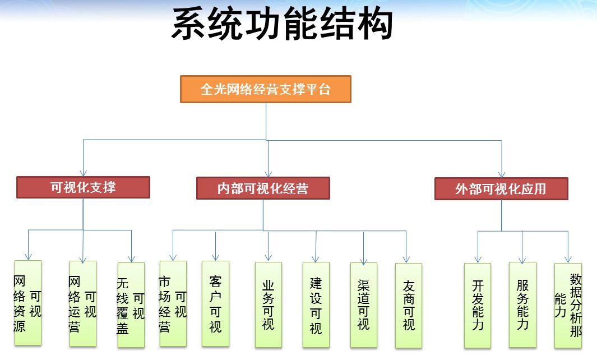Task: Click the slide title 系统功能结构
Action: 282,24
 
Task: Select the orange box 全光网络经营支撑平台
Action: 265,89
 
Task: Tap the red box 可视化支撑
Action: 83,187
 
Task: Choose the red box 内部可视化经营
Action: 263,188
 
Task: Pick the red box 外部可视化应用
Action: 501,188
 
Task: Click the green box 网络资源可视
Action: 28,303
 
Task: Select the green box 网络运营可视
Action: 82,303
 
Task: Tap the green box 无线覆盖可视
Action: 131,304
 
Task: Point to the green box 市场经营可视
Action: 173,303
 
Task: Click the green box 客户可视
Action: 215,303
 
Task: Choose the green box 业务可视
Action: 269,304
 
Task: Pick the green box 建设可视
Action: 316,304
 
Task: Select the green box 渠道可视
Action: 364,304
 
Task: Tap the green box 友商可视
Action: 409,306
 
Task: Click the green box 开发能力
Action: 478,306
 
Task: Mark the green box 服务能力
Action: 522,304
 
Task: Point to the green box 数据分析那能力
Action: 568,306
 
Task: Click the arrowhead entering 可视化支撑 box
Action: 84,173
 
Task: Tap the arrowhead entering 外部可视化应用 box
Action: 502,174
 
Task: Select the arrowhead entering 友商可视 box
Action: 406,260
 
